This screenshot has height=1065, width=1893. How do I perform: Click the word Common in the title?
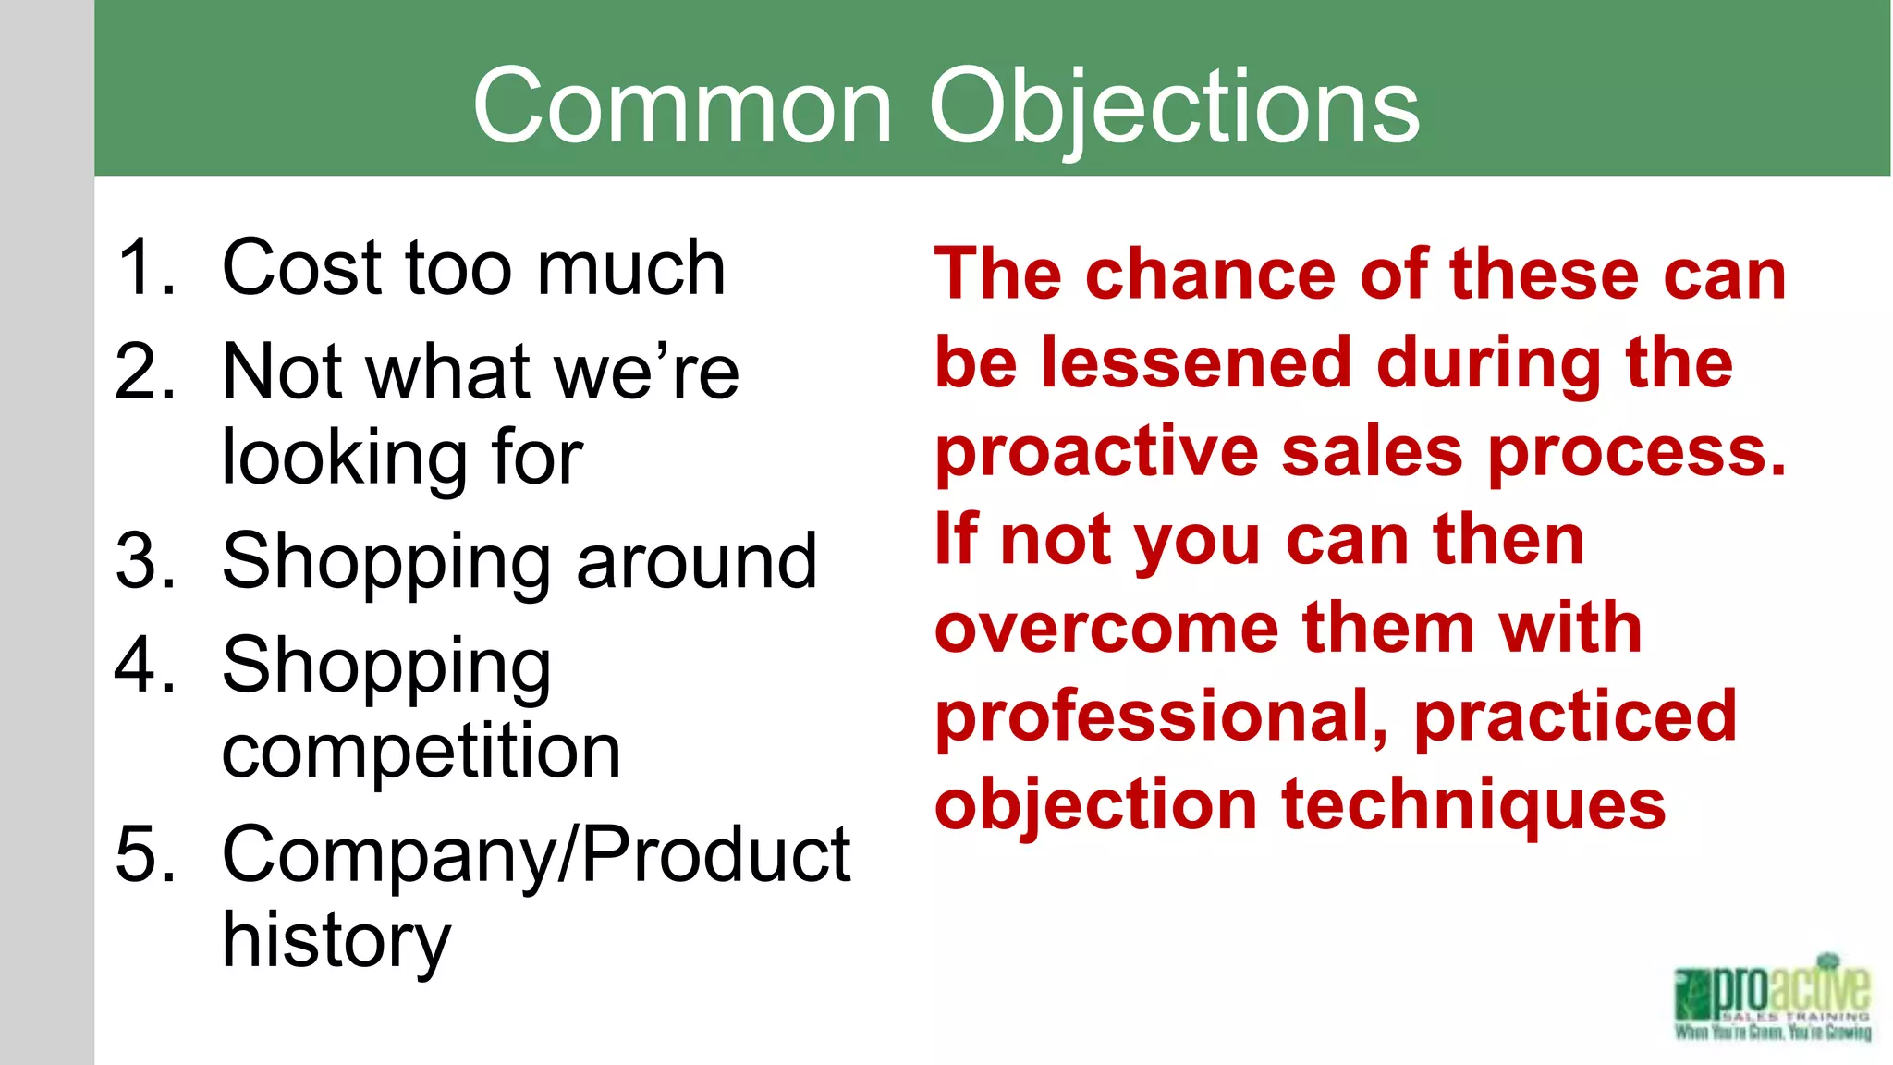682,107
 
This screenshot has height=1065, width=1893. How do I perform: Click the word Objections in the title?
1174,107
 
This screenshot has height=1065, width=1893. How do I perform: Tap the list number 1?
145,268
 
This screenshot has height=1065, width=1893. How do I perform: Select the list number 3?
145,562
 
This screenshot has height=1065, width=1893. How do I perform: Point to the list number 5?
145,854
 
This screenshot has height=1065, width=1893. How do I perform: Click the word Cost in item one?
301,268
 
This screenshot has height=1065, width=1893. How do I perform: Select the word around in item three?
696,562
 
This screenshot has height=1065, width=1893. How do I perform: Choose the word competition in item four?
421,751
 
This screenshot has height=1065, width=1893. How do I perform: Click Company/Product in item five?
536,854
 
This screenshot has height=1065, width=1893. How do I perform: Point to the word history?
336,941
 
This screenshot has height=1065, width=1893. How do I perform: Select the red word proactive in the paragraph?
1096,452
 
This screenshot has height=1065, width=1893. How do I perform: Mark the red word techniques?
1473,804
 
